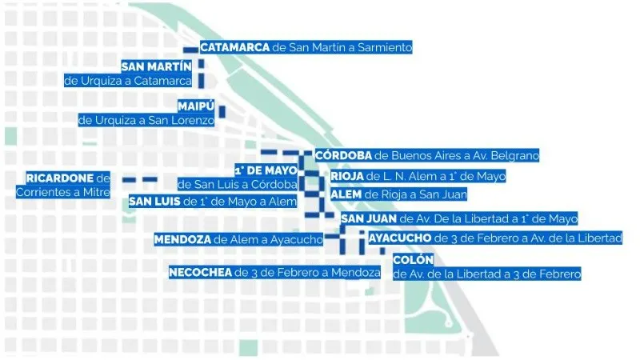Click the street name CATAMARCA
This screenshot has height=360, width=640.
(235, 47)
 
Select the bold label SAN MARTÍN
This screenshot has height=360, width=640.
(157, 66)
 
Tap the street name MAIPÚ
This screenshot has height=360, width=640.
(194, 106)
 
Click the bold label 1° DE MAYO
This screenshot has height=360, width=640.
(266, 170)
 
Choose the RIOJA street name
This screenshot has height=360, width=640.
(346, 176)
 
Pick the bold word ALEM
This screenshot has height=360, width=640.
(346, 194)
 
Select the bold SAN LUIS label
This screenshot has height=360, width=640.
(154, 201)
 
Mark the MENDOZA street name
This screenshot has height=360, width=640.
(182, 238)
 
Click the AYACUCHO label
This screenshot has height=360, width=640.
(400, 238)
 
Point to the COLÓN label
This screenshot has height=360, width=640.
(413, 260)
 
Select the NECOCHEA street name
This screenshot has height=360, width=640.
(201, 273)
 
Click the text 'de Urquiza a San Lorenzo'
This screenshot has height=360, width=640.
(146, 120)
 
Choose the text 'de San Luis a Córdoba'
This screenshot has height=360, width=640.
(238, 185)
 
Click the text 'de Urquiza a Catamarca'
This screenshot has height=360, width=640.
(128, 81)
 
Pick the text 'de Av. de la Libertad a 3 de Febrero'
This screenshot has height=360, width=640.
(486, 274)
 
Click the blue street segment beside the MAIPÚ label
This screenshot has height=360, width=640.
(222, 112)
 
